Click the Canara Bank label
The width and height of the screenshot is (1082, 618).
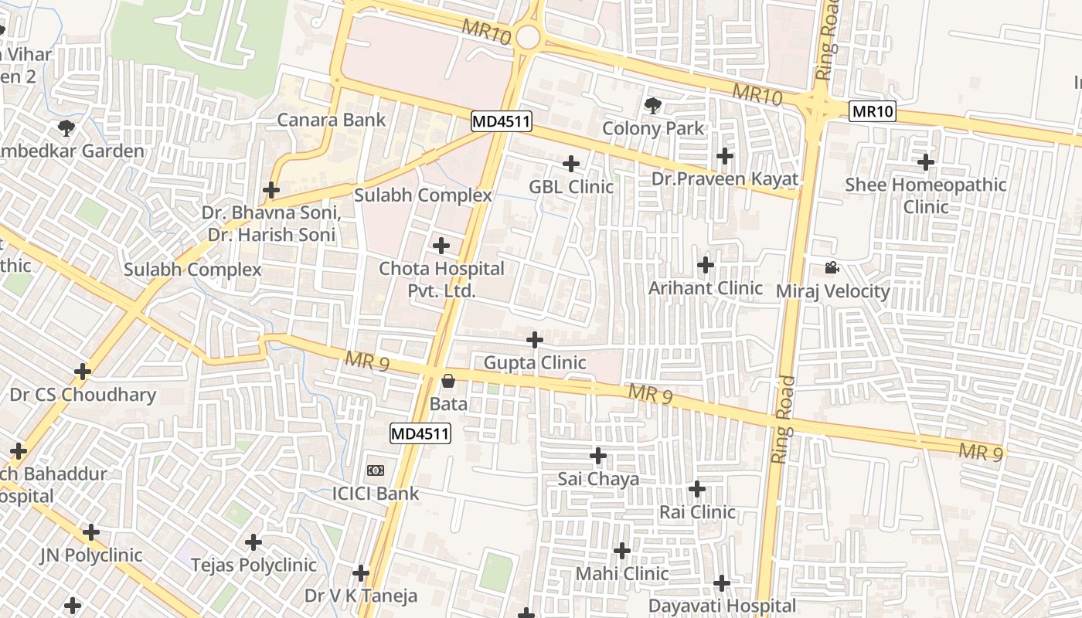(x=331, y=120)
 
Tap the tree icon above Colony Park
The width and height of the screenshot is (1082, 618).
(x=653, y=105)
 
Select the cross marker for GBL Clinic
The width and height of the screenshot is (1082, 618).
(x=571, y=164)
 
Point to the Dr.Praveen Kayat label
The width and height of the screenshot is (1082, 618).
(x=724, y=179)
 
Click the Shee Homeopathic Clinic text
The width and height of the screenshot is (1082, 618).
(x=925, y=195)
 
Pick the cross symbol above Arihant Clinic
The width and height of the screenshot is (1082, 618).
(x=706, y=265)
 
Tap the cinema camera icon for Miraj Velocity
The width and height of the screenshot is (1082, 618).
(x=832, y=268)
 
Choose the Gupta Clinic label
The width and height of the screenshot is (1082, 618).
(x=534, y=362)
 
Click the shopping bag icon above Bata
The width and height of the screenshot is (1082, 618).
(x=448, y=381)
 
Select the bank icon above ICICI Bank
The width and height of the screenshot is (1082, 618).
(x=376, y=470)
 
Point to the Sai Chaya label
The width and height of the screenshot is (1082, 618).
(x=598, y=479)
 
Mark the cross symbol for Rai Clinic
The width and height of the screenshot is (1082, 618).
(x=697, y=489)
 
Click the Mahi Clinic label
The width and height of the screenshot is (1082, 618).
(x=622, y=574)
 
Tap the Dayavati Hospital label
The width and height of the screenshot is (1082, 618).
(x=722, y=606)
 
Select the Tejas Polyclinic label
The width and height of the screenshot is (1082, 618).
(x=253, y=565)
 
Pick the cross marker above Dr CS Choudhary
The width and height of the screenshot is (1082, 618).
(x=83, y=372)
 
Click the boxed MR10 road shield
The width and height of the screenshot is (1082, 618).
(x=873, y=112)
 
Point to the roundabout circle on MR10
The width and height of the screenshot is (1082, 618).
(x=529, y=36)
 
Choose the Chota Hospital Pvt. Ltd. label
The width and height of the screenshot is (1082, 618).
(x=441, y=280)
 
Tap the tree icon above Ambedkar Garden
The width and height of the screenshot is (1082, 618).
(x=66, y=127)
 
